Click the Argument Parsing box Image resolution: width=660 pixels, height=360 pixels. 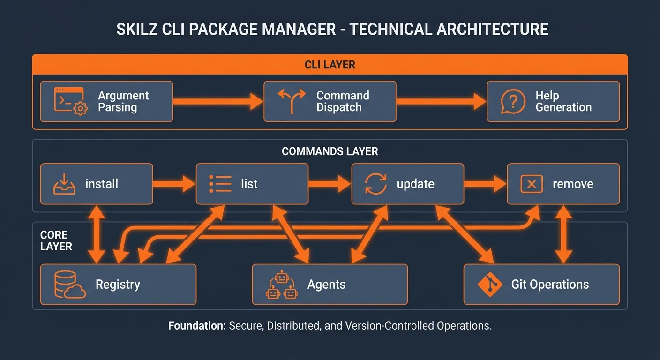(x=106, y=102)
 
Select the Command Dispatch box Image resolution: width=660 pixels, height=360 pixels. (x=330, y=102)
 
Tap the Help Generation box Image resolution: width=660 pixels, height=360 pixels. (x=553, y=102)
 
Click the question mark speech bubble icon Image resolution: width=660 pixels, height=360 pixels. (x=512, y=101)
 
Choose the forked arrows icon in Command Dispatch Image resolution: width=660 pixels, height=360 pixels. (x=292, y=101)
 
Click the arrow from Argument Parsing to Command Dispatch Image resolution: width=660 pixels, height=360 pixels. (x=218, y=101)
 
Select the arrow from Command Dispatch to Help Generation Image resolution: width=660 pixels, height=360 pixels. (x=441, y=101)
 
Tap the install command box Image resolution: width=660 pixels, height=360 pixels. (x=97, y=184)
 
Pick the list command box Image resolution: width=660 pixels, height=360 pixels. (x=252, y=184)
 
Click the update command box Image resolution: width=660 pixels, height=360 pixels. (x=407, y=184)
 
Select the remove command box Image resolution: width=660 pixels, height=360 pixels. (x=563, y=184)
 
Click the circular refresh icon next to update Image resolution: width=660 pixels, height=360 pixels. (x=375, y=184)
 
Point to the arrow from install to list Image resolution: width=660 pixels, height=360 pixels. (x=174, y=184)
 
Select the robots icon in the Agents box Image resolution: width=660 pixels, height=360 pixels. (x=281, y=285)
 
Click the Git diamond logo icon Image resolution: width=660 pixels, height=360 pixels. (x=489, y=285)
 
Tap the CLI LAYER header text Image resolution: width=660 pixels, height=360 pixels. (x=330, y=65)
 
